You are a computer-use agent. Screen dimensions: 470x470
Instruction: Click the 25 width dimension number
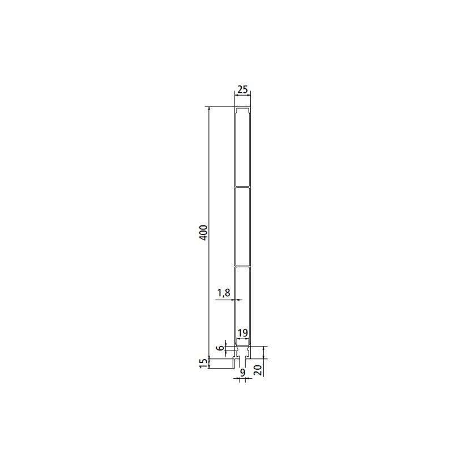(x=242, y=89)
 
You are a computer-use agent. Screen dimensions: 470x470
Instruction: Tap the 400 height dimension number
(x=203, y=232)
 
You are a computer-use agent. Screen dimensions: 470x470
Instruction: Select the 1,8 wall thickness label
(x=224, y=293)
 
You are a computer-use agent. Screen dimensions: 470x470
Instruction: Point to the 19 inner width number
(x=242, y=333)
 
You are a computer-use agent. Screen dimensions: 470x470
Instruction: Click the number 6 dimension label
(x=221, y=348)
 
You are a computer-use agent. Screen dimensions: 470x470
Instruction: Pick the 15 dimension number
(x=203, y=364)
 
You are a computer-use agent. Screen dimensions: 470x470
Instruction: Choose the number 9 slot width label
(x=242, y=372)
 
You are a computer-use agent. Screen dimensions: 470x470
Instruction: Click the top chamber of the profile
(x=242, y=147)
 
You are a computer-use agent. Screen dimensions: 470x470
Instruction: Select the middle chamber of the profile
(x=242, y=227)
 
